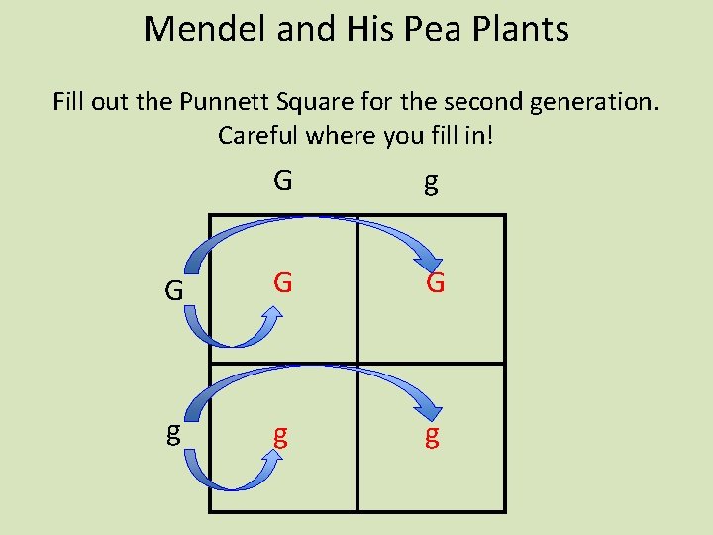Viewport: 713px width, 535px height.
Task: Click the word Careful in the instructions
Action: click(x=259, y=135)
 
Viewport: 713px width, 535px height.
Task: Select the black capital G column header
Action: click(x=283, y=181)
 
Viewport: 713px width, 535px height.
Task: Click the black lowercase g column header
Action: click(x=431, y=183)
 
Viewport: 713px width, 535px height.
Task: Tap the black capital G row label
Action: click(x=174, y=291)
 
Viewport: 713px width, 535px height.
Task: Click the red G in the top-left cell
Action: click(x=283, y=284)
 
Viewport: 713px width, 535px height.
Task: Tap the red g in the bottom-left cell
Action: click(x=281, y=436)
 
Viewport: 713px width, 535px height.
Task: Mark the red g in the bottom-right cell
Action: click(x=432, y=436)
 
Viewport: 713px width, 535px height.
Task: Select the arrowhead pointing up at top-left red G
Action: click(x=272, y=315)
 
